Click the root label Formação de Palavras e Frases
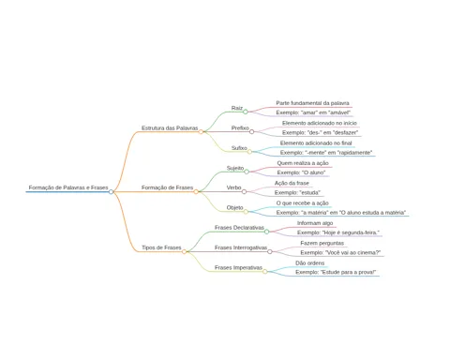coord(68,187)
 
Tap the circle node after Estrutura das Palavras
coord(201,131)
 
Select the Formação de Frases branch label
coord(167,187)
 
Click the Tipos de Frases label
coord(161,247)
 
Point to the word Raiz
coord(237,108)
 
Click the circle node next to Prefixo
coord(251,131)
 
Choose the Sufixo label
coord(239,148)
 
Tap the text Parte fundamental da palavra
coord(312,103)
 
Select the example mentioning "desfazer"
coord(320,132)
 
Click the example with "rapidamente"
coord(326,153)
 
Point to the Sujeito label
coord(235,168)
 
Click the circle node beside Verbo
coord(244,191)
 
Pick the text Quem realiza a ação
coord(303,163)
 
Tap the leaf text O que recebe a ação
coord(302,203)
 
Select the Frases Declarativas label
coord(239,228)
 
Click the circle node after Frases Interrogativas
coord(270,251)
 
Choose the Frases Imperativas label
coord(238,267)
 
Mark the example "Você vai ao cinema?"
coord(340,252)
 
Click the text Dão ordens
coord(309,262)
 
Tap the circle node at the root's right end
coord(111,191)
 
